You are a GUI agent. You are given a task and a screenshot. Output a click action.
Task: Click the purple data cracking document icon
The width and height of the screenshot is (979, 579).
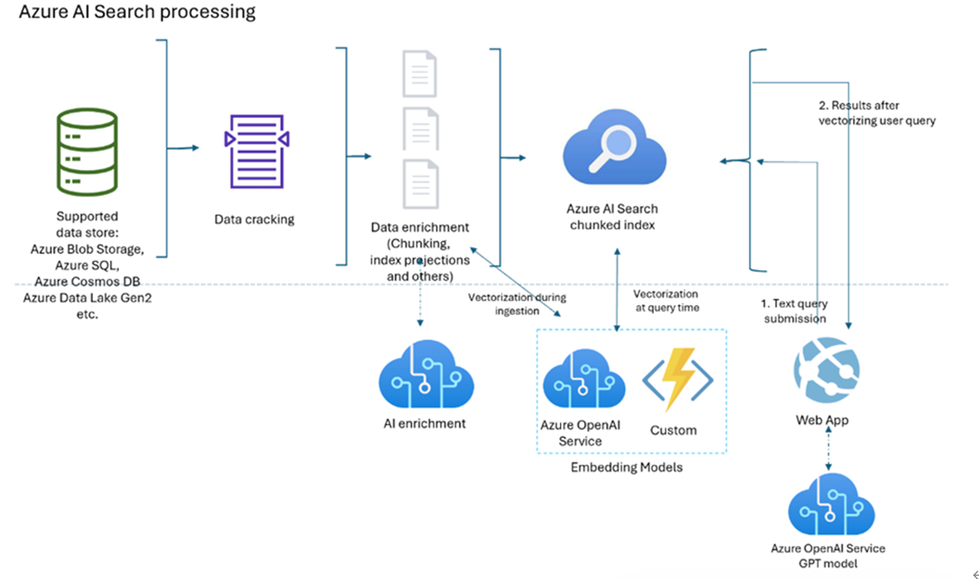point(257,151)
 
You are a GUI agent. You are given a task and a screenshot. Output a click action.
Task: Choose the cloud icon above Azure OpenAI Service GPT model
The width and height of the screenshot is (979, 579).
point(831,505)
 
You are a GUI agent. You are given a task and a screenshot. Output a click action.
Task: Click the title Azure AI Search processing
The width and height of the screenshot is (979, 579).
point(137,11)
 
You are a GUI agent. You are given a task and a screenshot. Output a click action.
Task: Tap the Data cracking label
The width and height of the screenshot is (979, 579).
point(254,219)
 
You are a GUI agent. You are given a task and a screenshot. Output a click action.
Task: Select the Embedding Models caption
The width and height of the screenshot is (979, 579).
point(626,467)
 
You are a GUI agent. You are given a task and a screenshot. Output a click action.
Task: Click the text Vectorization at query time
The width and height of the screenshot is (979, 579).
point(667,301)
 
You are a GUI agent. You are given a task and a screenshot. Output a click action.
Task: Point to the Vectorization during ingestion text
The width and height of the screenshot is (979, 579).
point(517,304)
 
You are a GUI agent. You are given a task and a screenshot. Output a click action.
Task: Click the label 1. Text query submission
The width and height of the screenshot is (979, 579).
point(794,311)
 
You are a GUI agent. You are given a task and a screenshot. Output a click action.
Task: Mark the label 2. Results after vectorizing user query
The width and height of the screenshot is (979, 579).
point(877,113)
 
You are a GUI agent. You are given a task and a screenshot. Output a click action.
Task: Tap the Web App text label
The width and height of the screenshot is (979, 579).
point(822,420)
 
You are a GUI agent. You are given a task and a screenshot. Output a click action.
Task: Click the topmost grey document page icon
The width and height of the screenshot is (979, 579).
point(419,74)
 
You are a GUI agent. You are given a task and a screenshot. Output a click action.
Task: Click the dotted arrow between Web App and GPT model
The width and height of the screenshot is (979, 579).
point(828,448)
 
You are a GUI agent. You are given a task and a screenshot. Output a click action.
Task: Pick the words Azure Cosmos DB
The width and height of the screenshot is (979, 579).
point(87,282)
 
